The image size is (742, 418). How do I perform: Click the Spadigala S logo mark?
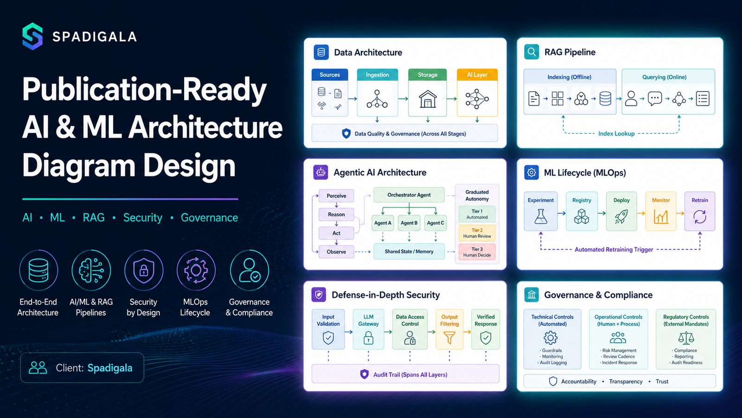(x=32, y=36)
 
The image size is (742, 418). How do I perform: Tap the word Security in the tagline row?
(x=143, y=218)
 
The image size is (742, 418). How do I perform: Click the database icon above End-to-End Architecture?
(x=38, y=270)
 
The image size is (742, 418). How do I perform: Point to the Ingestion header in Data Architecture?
(x=377, y=75)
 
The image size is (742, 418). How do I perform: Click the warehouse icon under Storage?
(x=428, y=99)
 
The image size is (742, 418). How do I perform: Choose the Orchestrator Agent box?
(x=409, y=195)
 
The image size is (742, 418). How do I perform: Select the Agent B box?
(x=409, y=223)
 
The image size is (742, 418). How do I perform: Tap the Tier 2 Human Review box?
(x=477, y=233)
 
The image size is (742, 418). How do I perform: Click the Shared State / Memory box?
(x=409, y=251)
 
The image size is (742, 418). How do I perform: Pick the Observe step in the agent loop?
(x=336, y=252)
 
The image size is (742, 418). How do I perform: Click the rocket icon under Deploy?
(x=621, y=216)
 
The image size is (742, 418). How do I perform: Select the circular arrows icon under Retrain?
(x=700, y=217)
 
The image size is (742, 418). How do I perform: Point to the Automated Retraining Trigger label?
(x=614, y=249)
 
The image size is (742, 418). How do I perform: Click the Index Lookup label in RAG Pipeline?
(x=616, y=134)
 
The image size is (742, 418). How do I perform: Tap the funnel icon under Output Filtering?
(x=449, y=338)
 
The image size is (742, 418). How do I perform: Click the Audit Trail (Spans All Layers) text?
(x=410, y=374)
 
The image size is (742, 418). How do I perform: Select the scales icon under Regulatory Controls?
(x=686, y=338)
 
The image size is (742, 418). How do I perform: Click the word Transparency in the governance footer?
(x=626, y=381)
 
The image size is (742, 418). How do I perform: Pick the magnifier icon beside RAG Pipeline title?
(x=531, y=52)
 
